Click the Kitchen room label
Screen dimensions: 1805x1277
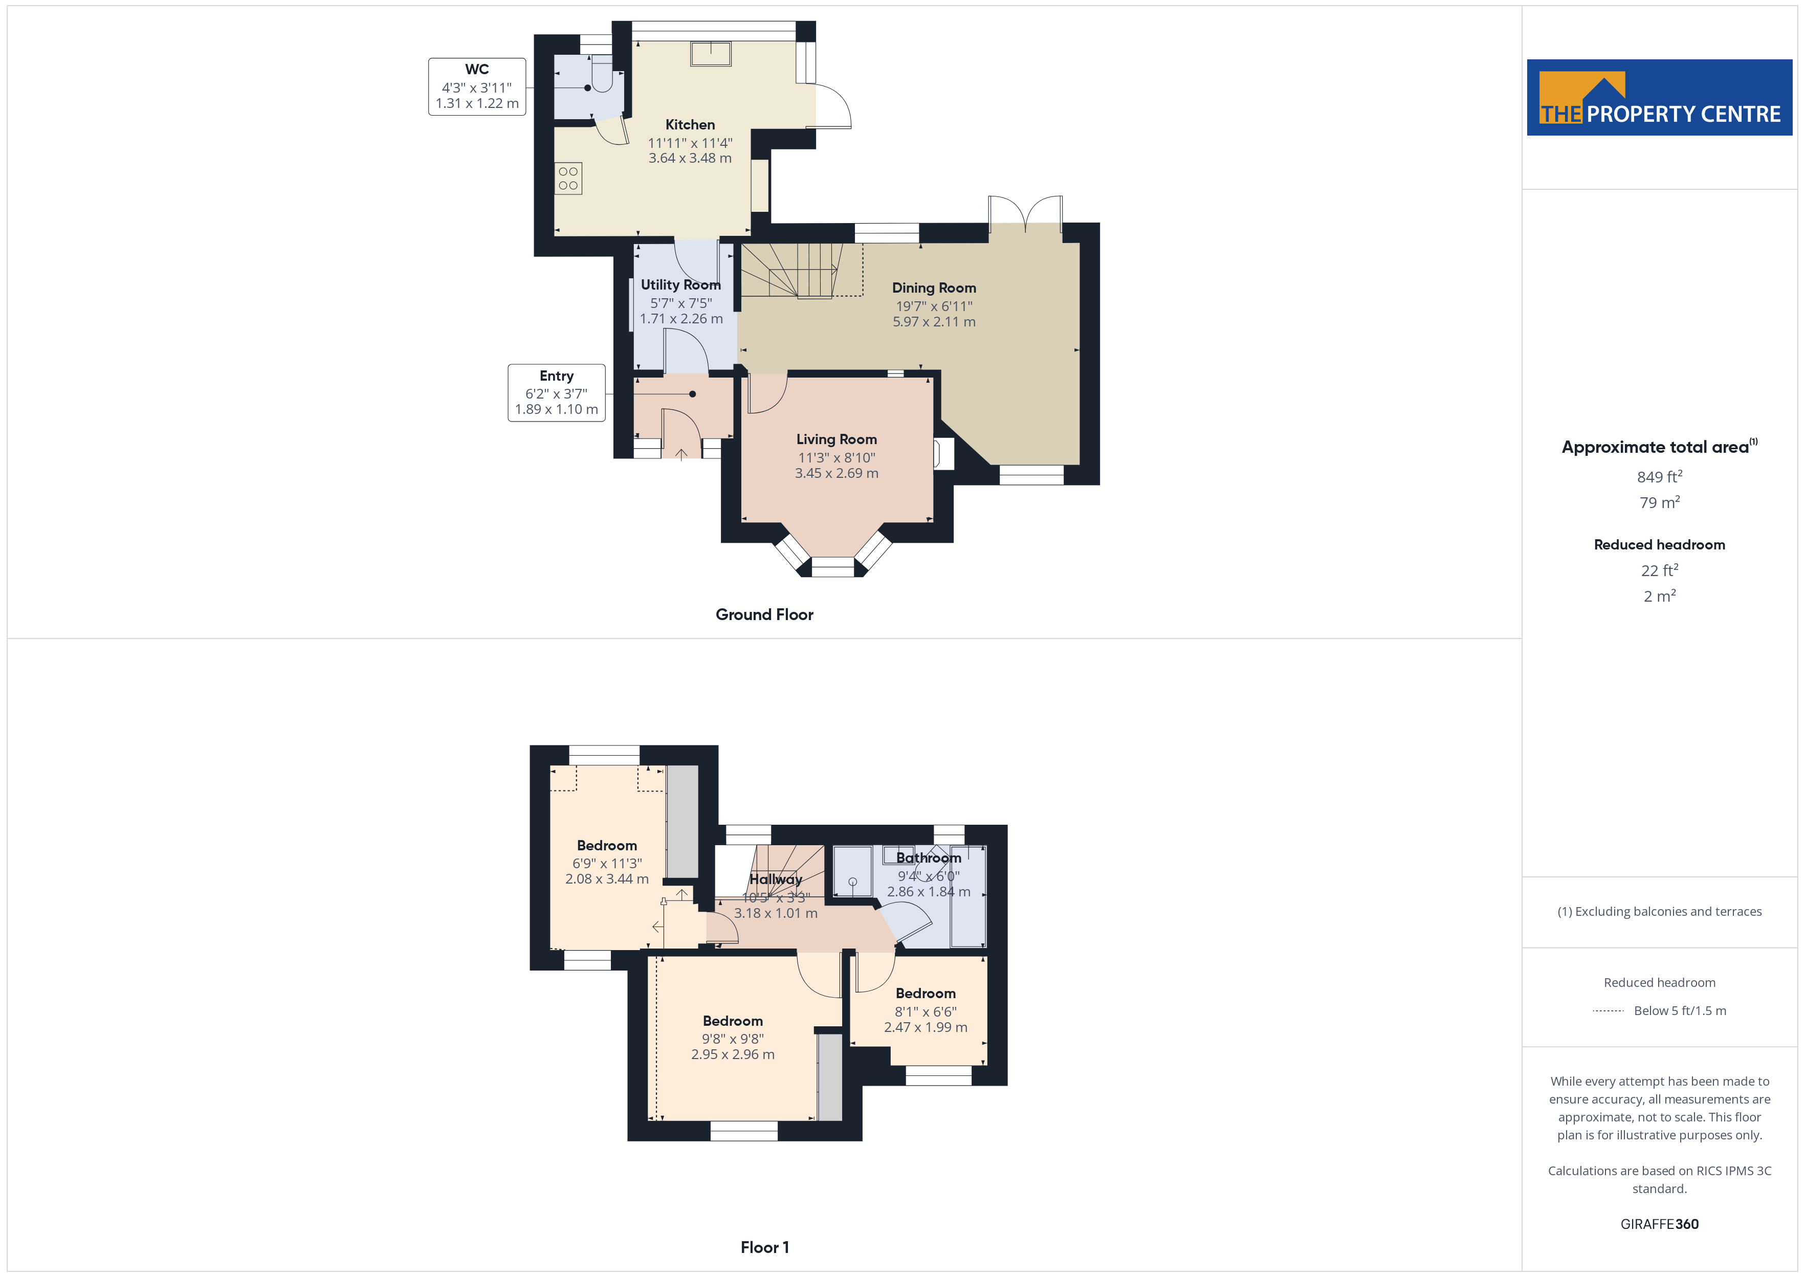[x=690, y=124]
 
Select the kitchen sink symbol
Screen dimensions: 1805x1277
[x=711, y=54]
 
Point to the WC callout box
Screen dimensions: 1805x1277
[x=477, y=86]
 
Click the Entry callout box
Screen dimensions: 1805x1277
[x=557, y=392]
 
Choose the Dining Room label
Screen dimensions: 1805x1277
[x=934, y=288]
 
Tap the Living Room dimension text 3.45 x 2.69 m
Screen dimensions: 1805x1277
[x=837, y=473]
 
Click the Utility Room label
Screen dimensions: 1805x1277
[x=681, y=284]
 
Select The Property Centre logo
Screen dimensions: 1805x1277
[x=1660, y=98]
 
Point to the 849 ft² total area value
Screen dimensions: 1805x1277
[x=1660, y=476]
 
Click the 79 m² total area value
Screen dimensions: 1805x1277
[x=1660, y=502]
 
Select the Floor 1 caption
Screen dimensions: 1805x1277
[x=764, y=1247]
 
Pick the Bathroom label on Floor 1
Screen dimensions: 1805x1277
[x=929, y=858]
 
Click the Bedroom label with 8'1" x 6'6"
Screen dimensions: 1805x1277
[x=926, y=993]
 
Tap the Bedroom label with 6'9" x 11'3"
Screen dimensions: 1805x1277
[x=607, y=845]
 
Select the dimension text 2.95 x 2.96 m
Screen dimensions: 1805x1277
[x=733, y=1054]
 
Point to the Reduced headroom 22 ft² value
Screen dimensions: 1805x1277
[x=1660, y=570]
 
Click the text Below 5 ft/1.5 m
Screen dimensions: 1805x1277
[x=1680, y=1010]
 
